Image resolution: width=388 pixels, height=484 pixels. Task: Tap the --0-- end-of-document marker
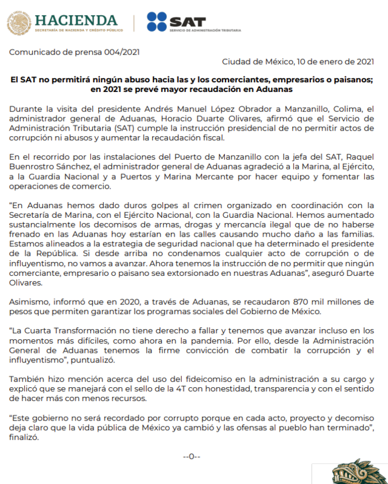tap(191, 456)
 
